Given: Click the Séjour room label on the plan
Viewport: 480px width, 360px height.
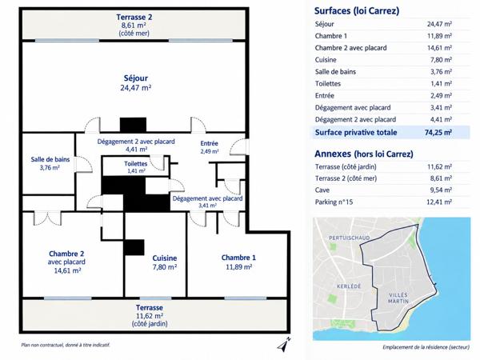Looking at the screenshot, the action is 136,78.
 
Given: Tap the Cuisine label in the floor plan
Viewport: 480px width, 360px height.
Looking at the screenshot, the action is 165,258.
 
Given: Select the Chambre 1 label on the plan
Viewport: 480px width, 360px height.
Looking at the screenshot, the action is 238,258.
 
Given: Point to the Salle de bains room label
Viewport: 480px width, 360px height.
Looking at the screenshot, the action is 50,159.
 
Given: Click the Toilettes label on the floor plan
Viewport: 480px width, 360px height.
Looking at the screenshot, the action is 136,164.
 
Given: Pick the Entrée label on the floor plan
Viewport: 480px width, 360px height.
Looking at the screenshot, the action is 209,143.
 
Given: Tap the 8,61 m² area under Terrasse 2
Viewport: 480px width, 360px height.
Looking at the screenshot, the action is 133,25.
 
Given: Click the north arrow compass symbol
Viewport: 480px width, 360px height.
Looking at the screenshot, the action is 284,344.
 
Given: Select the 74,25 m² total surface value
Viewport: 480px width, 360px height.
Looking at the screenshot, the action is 438,133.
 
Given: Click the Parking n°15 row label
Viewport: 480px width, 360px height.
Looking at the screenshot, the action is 334,202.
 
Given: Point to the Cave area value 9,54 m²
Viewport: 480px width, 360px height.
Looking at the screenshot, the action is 441,190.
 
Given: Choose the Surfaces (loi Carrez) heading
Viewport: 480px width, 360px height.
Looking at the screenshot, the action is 357,11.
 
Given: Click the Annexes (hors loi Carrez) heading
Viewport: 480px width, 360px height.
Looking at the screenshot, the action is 364,154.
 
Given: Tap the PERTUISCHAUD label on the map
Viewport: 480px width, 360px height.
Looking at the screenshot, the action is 350,238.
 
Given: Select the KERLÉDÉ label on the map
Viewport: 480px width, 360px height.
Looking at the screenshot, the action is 349,286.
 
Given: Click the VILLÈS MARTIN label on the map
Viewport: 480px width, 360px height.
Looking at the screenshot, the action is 398,298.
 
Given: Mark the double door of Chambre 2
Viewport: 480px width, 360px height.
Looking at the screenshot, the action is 47,218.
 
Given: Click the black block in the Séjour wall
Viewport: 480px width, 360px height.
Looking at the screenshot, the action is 133,125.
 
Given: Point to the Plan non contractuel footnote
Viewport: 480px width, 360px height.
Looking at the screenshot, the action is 66,345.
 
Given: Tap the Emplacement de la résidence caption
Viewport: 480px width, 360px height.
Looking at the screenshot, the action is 426,347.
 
